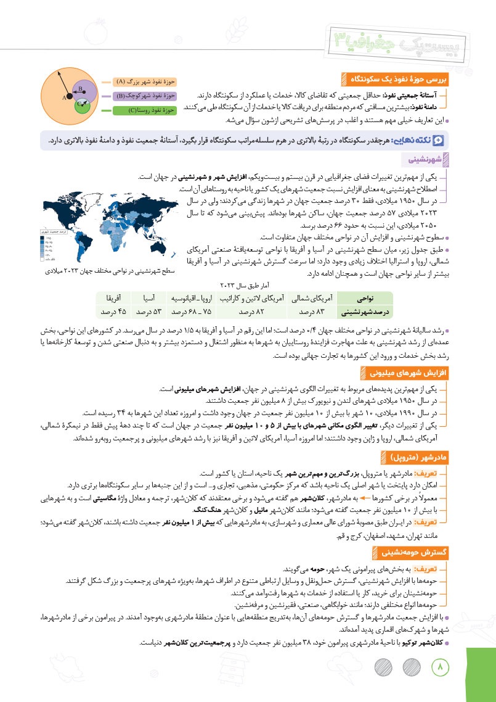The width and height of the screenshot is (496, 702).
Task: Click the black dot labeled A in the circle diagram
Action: click(x=69, y=97)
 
